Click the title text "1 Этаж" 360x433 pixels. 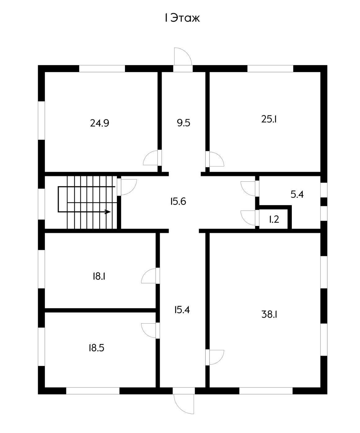click(x=182, y=18)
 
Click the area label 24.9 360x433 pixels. click(x=100, y=123)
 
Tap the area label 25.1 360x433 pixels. click(x=269, y=119)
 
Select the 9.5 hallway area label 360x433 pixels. click(x=184, y=123)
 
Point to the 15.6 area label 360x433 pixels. click(x=178, y=201)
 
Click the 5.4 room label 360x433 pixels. click(x=297, y=195)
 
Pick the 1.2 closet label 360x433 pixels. click(x=274, y=219)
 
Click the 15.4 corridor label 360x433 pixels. click(x=182, y=310)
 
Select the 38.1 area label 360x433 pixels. click(x=269, y=315)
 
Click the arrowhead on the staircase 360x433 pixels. click(x=108, y=212)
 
